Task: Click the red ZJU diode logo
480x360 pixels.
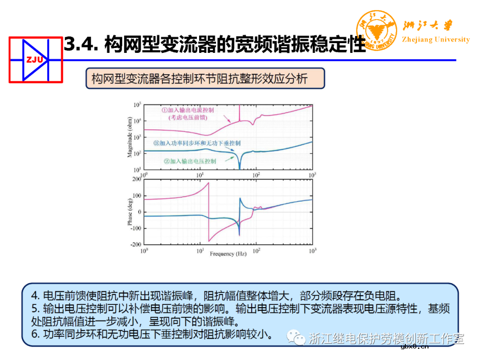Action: [x=36, y=60]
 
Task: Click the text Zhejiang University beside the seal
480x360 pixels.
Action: [x=436, y=40]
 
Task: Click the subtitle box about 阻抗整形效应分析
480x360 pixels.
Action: [x=205, y=79]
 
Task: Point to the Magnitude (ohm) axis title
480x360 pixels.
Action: [x=130, y=137]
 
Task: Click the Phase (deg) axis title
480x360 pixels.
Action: [x=130, y=212]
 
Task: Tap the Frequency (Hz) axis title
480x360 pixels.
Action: [x=228, y=254]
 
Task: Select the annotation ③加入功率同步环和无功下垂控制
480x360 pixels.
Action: [x=197, y=143]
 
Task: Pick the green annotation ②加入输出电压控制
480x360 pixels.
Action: [x=190, y=161]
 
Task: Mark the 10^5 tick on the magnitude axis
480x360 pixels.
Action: [x=137, y=105]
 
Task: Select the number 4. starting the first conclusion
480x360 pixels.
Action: [x=36, y=296]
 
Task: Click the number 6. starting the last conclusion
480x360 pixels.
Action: [x=36, y=333]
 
